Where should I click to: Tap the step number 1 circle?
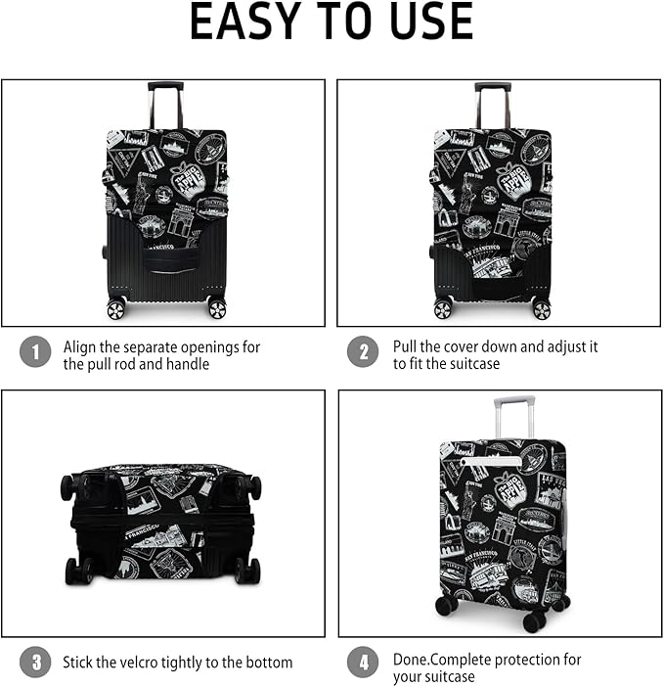[x=35, y=352]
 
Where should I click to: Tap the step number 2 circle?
[x=363, y=352]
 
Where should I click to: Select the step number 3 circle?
[x=35, y=663]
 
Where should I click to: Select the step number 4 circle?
[x=363, y=664]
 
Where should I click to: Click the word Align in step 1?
[x=81, y=346]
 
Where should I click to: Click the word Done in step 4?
[x=411, y=660]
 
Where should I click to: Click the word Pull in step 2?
[x=406, y=346]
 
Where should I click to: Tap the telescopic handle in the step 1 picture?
[x=165, y=102]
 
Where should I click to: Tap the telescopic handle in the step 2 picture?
[x=492, y=102]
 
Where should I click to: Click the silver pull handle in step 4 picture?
[x=514, y=416]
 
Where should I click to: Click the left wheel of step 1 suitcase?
[x=116, y=308]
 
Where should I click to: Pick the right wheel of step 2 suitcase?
[x=541, y=308]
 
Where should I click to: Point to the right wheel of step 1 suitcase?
[x=216, y=308]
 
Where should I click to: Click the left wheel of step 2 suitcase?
[x=444, y=308]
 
